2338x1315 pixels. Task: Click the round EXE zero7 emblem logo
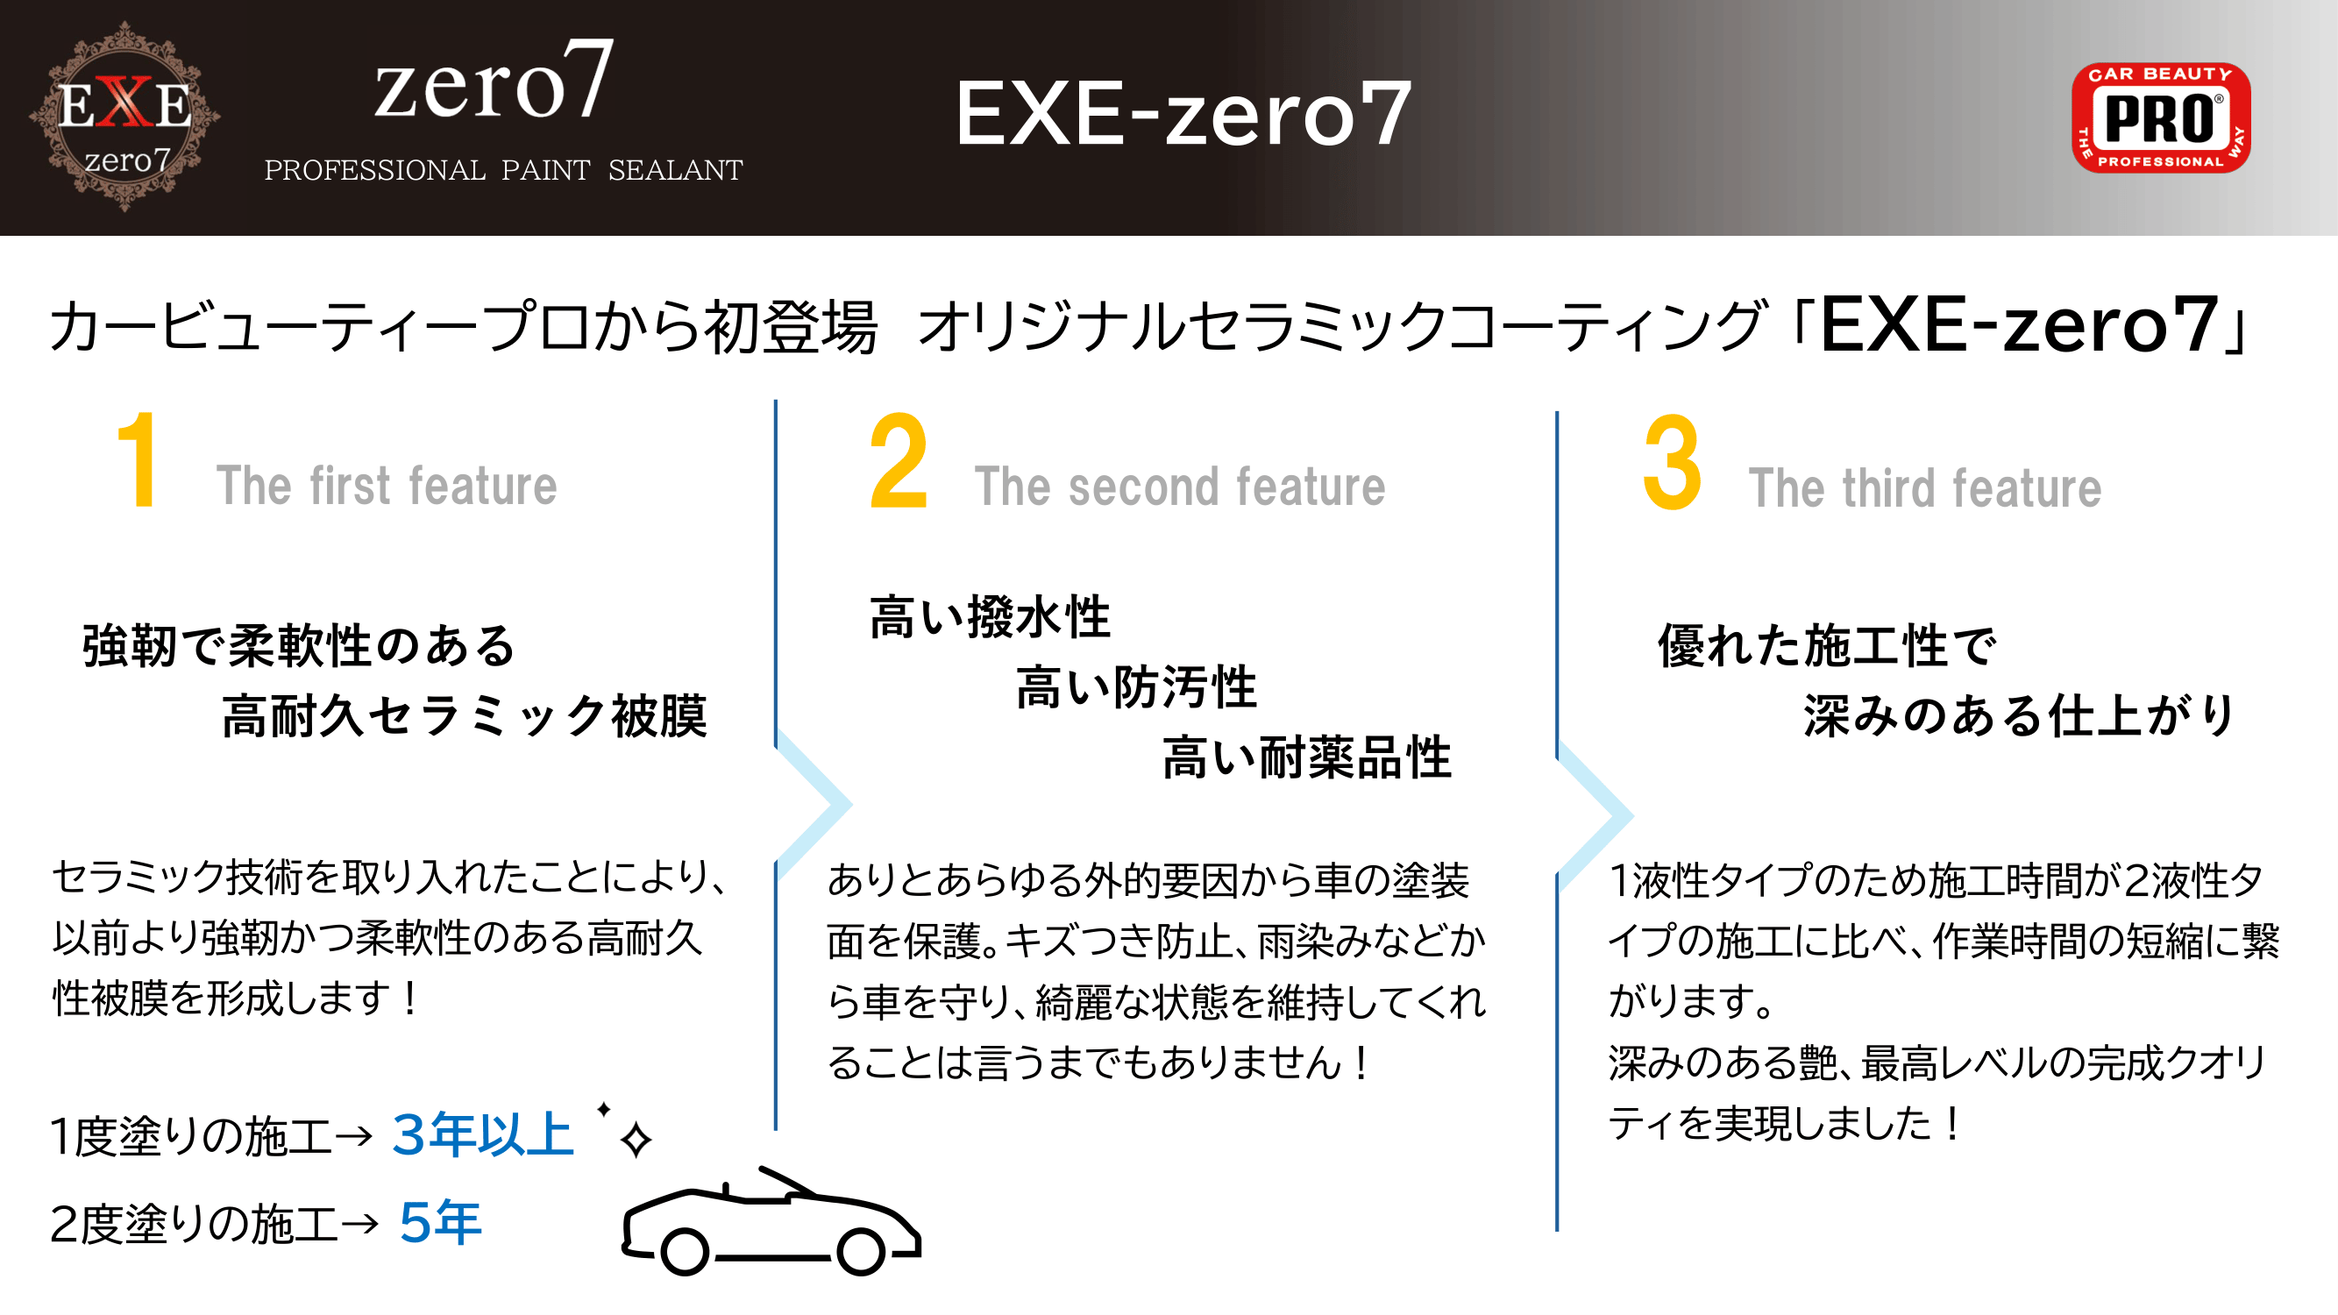click(124, 117)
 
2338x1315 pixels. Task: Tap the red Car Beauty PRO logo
click(2160, 117)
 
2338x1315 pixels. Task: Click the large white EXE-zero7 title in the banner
click(1183, 113)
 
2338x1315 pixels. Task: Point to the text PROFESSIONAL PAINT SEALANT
click(503, 170)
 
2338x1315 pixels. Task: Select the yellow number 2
click(899, 461)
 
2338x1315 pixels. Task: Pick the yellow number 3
click(1672, 462)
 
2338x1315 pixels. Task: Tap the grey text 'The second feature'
click(1180, 487)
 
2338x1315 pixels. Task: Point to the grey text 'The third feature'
click(1925, 488)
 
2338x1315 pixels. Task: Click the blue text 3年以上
click(483, 1134)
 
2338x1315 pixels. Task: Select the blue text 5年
click(440, 1221)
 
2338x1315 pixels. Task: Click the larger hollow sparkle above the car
click(636, 1140)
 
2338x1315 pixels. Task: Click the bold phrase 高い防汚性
click(1136, 687)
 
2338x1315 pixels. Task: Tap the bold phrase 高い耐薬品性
click(1307, 757)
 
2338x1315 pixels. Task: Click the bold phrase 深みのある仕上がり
click(2020, 716)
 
